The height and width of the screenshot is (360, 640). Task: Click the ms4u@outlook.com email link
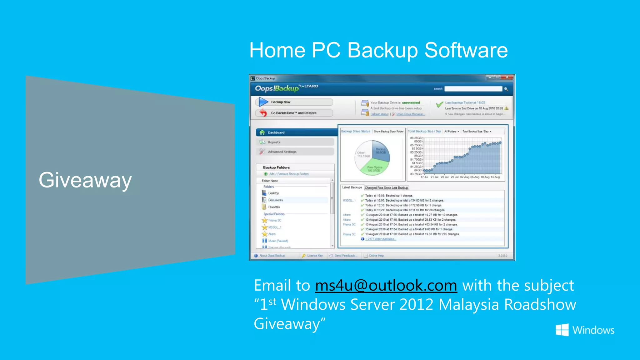pyautogui.click(x=386, y=285)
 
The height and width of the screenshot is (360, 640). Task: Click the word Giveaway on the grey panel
pyautogui.click(x=85, y=180)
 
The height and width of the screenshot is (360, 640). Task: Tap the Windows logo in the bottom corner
pyautogui.click(x=562, y=330)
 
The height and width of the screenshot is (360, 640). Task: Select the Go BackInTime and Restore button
pyautogui.click(x=294, y=113)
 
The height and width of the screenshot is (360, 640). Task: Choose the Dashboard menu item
pyautogui.click(x=276, y=132)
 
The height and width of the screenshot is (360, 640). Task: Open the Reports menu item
pyautogui.click(x=274, y=142)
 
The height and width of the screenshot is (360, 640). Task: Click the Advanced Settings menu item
pyautogui.click(x=282, y=152)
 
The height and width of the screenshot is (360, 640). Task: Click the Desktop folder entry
pyautogui.click(x=273, y=193)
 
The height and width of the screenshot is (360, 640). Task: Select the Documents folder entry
pyautogui.click(x=275, y=200)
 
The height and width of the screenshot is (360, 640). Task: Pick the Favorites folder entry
pyautogui.click(x=274, y=207)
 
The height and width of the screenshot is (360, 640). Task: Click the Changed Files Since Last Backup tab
pyautogui.click(x=386, y=188)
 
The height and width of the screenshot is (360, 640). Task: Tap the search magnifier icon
pyautogui.click(x=506, y=89)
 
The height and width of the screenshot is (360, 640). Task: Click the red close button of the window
pyautogui.click(x=507, y=77)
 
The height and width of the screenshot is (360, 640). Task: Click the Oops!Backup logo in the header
pyautogui.click(x=277, y=88)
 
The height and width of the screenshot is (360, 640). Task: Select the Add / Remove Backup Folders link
pyautogui.click(x=289, y=174)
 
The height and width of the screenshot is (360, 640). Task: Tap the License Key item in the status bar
pyautogui.click(x=314, y=256)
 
